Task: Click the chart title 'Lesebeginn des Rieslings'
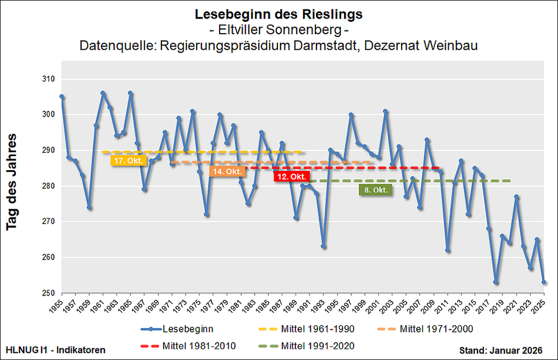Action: point(278,13)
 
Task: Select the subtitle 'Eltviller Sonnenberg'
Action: point(278,29)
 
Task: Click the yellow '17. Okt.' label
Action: point(129,161)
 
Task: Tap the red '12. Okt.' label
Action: point(290,176)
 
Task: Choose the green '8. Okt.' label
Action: point(375,190)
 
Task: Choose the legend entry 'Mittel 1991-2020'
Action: point(317,345)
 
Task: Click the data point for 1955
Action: point(62,96)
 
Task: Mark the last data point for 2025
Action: point(544,283)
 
